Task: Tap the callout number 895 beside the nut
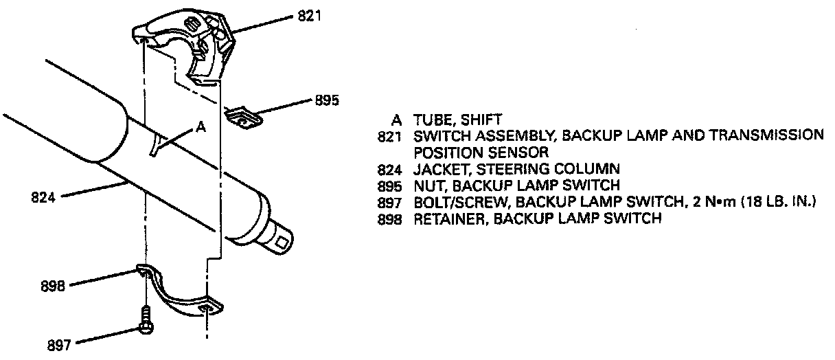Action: (x=327, y=100)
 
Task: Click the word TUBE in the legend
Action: (x=431, y=119)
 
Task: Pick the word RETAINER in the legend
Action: (x=444, y=219)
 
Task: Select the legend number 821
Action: (x=389, y=135)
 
